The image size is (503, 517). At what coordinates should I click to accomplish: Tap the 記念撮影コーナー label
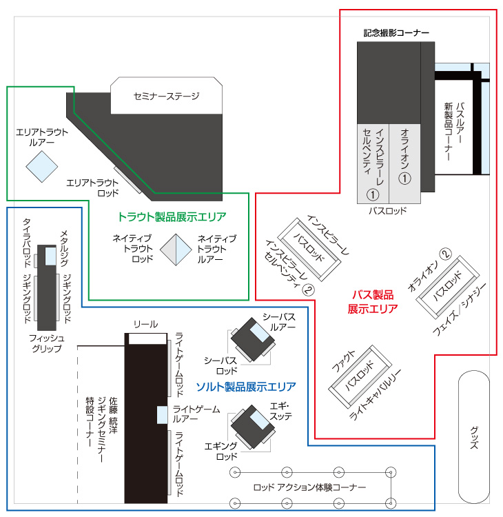click(x=396, y=32)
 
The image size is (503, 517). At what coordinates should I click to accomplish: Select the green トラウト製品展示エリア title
click(x=172, y=216)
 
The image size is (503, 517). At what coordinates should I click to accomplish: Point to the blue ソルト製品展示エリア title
click(x=246, y=386)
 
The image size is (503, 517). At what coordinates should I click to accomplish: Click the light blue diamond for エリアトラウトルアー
click(x=42, y=166)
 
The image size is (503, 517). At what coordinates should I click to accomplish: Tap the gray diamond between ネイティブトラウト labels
click(x=175, y=248)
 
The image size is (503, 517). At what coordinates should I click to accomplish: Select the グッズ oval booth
click(x=474, y=436)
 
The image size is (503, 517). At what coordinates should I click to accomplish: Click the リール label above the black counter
click(x=145, y=324)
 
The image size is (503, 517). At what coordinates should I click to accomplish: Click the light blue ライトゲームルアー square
click(x=163, y=415)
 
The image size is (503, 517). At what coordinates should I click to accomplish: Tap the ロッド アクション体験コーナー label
click(x=310, y=488)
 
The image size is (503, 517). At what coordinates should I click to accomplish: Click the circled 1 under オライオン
click(x=405, y=178)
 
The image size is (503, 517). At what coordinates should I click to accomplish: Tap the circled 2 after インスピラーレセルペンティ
click(x=308, y=290)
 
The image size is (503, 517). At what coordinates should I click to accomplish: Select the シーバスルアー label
click(x=279, y=321)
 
